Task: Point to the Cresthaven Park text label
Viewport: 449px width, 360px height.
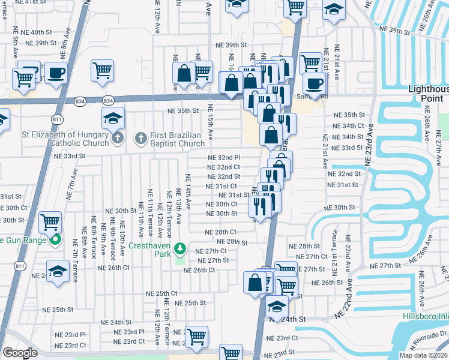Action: tap(153, 246)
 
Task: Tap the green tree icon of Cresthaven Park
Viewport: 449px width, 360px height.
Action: tap(179, 248)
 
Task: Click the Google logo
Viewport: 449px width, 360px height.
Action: tap(20, 353)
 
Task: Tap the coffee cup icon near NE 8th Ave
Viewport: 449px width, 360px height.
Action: tap(56, 73)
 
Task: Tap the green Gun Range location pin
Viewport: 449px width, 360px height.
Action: tap(56, 241)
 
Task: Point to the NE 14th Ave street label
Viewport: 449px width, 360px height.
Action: tap(188, 191)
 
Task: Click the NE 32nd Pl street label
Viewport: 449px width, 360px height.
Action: tap(224, 158)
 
